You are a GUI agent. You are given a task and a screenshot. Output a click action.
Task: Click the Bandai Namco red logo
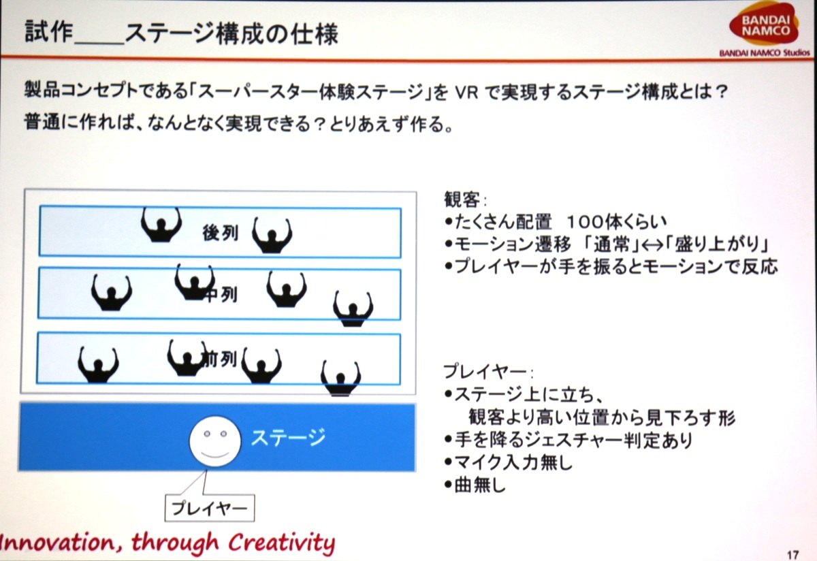click(764, 24)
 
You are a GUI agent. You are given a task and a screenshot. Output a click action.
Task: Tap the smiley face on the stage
click(215, 441)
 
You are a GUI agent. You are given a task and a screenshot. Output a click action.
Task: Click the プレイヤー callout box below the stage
click(210, 508)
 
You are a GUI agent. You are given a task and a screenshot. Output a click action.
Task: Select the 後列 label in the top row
click(221, 233)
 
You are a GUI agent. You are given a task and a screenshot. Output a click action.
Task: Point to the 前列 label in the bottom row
click(219, 359)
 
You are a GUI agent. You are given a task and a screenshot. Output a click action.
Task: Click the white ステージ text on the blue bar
click(288, 437)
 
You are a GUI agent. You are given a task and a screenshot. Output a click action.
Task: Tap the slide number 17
click(793, 555)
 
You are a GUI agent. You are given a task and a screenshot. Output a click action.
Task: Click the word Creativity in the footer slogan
click(282, 543)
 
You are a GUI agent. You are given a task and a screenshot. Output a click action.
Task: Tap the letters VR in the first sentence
click(466, 93)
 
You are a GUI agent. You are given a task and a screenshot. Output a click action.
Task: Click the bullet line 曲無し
click(475, 485)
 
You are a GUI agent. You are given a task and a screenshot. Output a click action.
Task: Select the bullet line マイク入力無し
click(509, 462)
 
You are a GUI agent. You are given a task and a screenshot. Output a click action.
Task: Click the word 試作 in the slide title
click(48, 32)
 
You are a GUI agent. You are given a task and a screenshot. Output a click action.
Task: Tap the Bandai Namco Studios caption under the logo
click(765, 53)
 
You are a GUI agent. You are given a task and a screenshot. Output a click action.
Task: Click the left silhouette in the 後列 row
click(161, 225)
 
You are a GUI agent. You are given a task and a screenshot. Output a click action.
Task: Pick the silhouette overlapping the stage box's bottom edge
click(340, 379)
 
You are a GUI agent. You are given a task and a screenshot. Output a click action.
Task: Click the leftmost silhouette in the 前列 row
click(98, 365)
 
